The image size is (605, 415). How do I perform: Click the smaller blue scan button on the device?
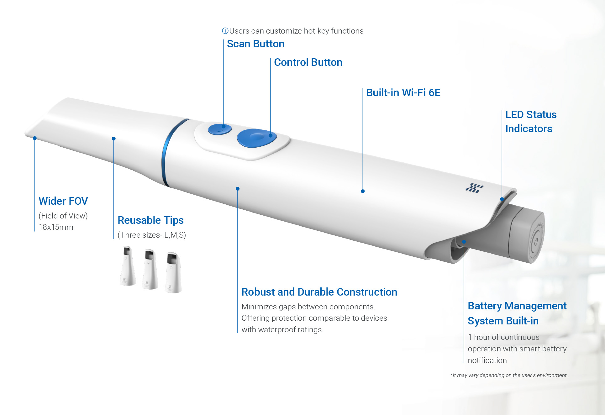[219, 129]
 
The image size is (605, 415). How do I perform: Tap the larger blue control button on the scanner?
[256, 138]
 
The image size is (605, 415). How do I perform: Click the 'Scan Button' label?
[255, 44]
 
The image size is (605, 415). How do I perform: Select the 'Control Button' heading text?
[308, 62]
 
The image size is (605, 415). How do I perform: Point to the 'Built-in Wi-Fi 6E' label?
[403, 93]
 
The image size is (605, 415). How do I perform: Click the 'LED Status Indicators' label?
[530, 122]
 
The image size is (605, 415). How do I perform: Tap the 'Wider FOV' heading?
[63, 201]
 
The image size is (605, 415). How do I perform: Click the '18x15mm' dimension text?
[56, 227]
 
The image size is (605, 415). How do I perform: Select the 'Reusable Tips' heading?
[150, 220]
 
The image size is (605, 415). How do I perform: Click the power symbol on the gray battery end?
[536, 241]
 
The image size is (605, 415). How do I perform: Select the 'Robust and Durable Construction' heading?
[319, 292]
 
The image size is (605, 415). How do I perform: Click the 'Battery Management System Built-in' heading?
[517, 313]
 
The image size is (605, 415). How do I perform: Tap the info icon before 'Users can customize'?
[225, 31]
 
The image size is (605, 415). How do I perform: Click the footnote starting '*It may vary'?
[509, 375]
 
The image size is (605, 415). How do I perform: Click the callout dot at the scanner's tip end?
[35, 138]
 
